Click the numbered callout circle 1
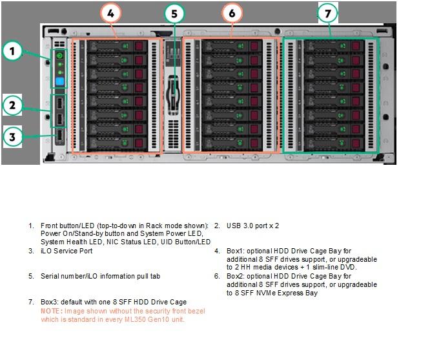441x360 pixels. coord(12,51)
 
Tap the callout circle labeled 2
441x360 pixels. coord(12,105)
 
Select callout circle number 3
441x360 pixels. coord(12,137)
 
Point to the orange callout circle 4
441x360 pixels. coord(111,13)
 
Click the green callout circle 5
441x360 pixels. coord(174,14)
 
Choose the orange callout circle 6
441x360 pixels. coord(232,13)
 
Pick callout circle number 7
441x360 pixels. coord(327,13)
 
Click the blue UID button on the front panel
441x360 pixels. coord(60,81)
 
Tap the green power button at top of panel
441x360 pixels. coord(59,56)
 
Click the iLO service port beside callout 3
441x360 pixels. coord(59,136)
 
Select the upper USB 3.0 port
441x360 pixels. coord(59,103)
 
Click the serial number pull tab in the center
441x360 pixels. coord(173,94)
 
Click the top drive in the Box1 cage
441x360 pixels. coord(117,46)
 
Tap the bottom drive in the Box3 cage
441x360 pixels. coord(334,143)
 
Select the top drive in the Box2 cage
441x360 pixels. coord(232,46)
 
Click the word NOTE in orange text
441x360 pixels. coord(51,311)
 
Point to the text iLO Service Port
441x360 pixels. coord(67,251)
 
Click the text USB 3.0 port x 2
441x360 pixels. coord(253,226)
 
